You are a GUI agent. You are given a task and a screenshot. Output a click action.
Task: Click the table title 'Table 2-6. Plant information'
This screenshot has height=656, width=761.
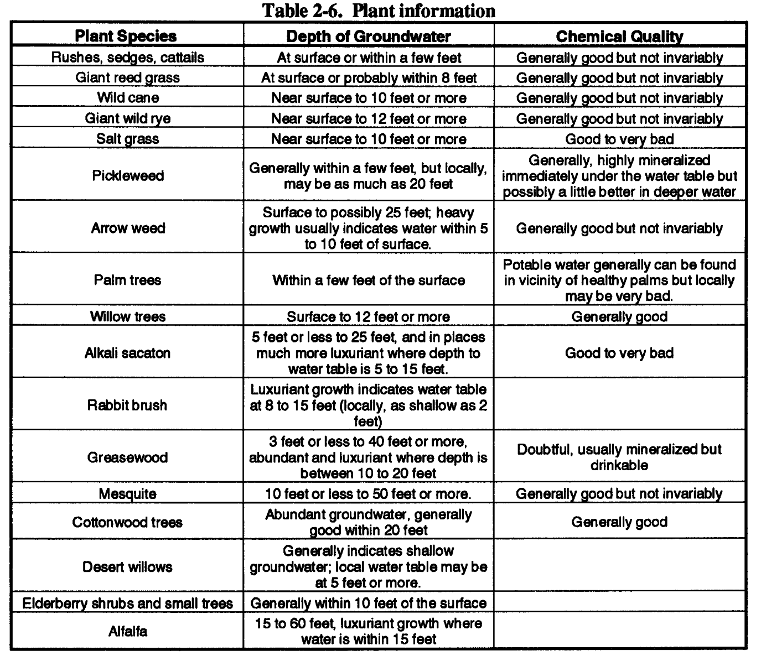(x=379, y=11)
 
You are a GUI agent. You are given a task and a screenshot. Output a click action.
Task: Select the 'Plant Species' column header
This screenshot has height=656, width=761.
(x=126, y=37)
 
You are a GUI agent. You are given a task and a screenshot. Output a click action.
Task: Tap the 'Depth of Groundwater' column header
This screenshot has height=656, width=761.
(x=369, y=37)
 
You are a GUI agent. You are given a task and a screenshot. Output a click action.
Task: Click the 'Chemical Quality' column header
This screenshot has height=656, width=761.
(x=619, y=37)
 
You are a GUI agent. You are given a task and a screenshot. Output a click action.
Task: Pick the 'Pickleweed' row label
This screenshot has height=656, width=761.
(x=128, y=176)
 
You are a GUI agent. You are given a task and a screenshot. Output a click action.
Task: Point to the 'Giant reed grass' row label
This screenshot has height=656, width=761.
(x=128, y=77)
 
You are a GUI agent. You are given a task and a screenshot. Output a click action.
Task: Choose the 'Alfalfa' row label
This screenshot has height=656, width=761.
(x=128, y=631)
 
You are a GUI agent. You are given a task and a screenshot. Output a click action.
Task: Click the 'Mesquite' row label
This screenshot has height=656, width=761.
(x=128, y=493)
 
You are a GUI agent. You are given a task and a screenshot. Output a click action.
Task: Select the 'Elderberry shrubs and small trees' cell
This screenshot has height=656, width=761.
(x=128, y=603)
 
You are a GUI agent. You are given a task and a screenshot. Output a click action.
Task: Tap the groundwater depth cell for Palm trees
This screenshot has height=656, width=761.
(x=369, y=280)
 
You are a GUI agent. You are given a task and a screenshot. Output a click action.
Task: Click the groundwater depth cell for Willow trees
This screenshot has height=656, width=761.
(x=369, y=316)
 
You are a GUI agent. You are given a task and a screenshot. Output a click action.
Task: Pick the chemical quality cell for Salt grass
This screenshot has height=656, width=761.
(x=619, y=139)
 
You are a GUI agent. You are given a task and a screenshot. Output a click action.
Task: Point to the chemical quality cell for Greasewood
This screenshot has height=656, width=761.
(x=619, y=457)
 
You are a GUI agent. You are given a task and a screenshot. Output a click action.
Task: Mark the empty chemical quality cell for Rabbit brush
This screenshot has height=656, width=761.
(x=619, y=405)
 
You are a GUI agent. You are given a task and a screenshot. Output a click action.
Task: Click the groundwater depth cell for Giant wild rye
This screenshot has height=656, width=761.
(x=369, y=118)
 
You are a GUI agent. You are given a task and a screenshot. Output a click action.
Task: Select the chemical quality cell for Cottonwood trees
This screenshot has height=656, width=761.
(x=619, y=522)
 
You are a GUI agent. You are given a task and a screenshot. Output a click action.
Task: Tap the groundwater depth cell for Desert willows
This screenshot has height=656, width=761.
(x=369, y=566)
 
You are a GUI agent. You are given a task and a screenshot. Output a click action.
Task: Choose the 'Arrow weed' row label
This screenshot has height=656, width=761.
(x=128, y=228)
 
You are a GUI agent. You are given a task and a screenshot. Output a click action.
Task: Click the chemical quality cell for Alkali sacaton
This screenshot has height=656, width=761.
(x=619, y=353)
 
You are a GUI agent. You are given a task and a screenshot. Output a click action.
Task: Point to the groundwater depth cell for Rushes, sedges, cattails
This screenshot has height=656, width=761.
(x=369, y=58)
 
